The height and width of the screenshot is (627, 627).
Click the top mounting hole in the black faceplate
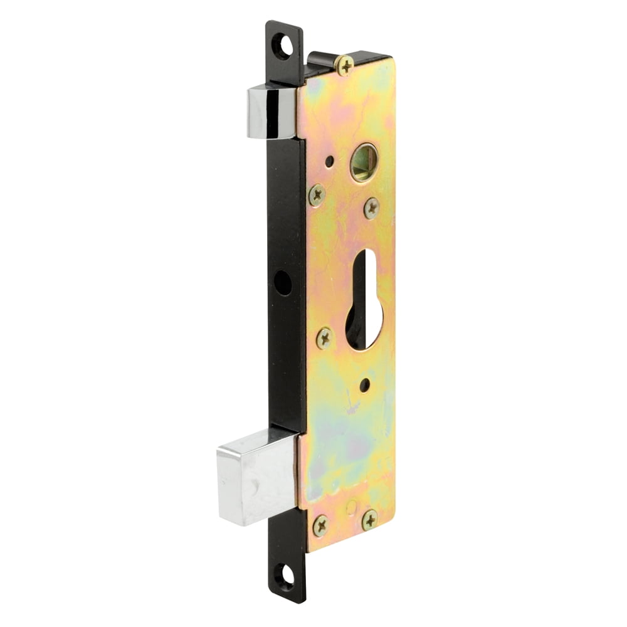pos(284,46)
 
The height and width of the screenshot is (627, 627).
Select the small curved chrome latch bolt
pos(271,112)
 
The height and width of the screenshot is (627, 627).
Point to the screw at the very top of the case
pos(344,65)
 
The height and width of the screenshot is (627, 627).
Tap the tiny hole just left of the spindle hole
pos(330,161)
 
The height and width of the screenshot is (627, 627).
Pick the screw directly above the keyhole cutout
pos(372,207)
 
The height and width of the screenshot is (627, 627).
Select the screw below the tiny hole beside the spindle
pos(317,194)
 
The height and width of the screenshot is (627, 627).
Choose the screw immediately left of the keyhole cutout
pos(325,338)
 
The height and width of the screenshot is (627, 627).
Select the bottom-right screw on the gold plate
pos(370,519)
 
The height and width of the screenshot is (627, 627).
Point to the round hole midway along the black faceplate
pos(283,283)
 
